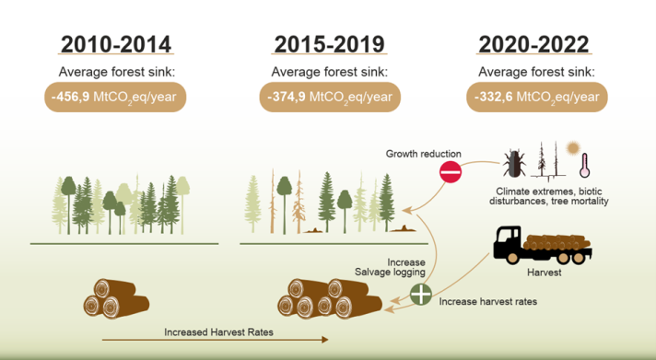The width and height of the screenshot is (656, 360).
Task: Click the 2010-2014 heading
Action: point(116,44)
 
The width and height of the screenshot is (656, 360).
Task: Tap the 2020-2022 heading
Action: point(534,44)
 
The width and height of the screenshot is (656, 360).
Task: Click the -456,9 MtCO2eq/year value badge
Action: point(116,96)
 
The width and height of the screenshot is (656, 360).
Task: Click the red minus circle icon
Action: point(450,171)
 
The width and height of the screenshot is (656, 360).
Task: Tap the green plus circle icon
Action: point(420,295)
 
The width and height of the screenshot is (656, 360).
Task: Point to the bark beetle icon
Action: point(512,165)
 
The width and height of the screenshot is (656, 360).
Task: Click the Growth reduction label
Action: point(425,154)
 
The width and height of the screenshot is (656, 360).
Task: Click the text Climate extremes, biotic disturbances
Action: point(549,194)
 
